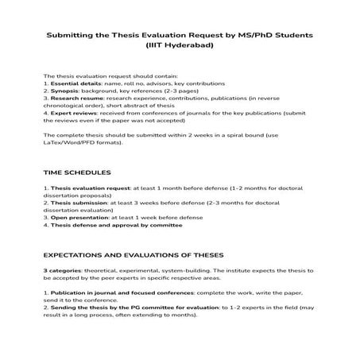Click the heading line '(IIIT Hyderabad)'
coord(180,45)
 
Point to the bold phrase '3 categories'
coord(62,292)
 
